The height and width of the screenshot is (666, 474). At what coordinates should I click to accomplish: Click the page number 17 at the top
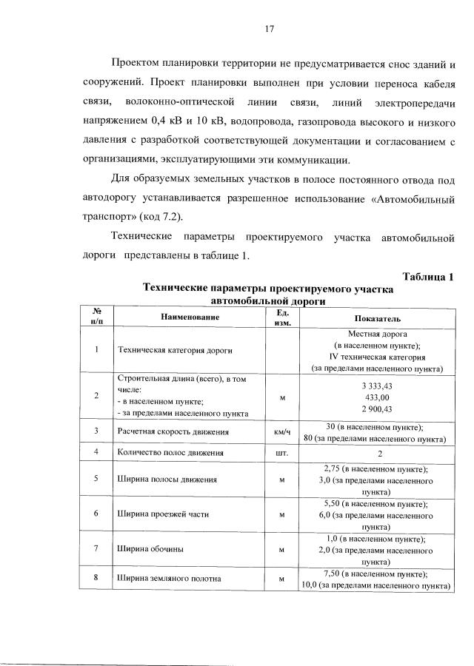270,29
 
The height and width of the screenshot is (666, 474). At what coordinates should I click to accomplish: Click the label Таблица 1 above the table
427,277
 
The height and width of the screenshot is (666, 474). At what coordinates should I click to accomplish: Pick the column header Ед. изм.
281,317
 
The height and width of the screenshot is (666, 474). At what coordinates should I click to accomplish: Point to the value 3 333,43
377,386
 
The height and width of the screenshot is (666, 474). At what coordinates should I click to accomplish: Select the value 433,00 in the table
377,398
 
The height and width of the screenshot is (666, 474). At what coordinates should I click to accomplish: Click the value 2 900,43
377,409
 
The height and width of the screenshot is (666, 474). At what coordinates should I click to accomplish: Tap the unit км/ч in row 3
281,431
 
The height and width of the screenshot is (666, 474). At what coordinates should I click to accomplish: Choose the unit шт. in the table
281,451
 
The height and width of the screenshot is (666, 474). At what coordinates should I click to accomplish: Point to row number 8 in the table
96,579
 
